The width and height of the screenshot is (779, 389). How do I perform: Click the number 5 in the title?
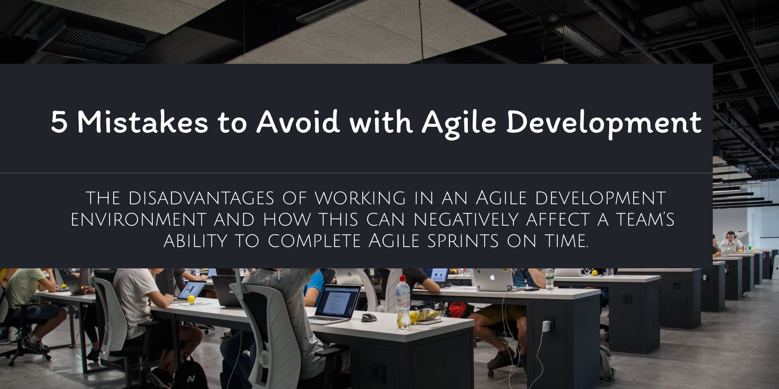(59, 122)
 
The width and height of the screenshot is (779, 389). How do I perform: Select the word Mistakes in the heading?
(143, 122)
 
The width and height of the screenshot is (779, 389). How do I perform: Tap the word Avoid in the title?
(298, 121)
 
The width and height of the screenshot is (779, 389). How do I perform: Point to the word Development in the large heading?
(603, 124)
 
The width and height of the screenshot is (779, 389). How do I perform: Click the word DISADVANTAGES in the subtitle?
(201, 198)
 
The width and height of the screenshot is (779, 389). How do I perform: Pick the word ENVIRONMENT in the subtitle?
(138, 220)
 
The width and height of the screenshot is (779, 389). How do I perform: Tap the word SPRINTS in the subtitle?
(463, 241)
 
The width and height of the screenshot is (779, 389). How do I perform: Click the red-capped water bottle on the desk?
(403, 302)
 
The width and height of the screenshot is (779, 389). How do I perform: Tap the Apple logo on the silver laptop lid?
(492, 277)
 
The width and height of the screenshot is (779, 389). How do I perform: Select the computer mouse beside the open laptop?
(368, 317)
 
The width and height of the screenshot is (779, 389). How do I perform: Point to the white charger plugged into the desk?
(546, 326)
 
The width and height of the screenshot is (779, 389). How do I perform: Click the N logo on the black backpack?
(191, 378)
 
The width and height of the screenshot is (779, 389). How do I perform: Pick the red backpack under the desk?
(458, 310)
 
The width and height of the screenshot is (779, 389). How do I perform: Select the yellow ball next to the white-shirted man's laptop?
(191, 299)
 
